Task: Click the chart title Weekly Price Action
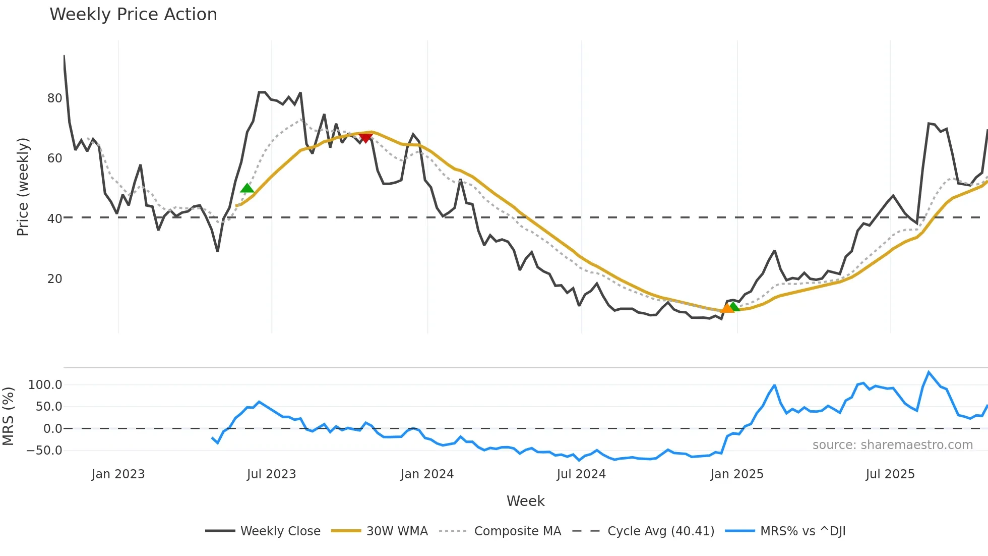pos(133,15)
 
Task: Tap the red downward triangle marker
pos(365,138)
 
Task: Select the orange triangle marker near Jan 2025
pos(727,308)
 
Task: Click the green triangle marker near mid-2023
pos(247,188)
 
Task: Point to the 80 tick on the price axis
pos(54,98)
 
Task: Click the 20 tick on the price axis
pos(54,279)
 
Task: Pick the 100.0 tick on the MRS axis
pos(45,385)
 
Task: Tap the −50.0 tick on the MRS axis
pos(44,451)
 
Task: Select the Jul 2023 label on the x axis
pos(271,474)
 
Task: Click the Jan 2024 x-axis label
pos(427,474)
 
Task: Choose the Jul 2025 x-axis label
pos(890,474)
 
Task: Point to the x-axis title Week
pos(525,501)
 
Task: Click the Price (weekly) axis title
pos(23,187)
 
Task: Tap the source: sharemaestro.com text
pos(892,445)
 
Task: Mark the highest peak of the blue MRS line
pos(929,372)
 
